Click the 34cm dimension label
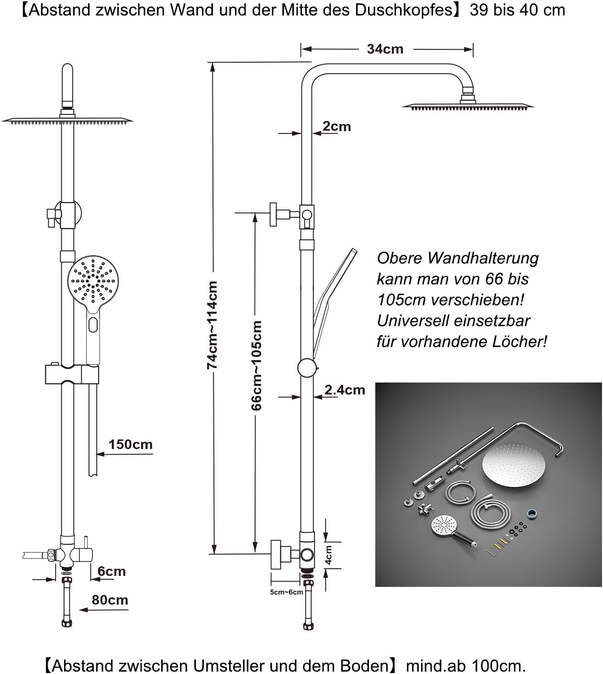pos(385,49)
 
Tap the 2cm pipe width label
pos(336,126)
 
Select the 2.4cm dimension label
pos(345,390)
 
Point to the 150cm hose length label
pos(130,444)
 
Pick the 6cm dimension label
pos(112,571)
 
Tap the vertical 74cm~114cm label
pos(212,325)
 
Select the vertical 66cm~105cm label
pos(256,366)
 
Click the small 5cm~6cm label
pos(286,592)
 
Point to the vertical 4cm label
pos(328,555)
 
